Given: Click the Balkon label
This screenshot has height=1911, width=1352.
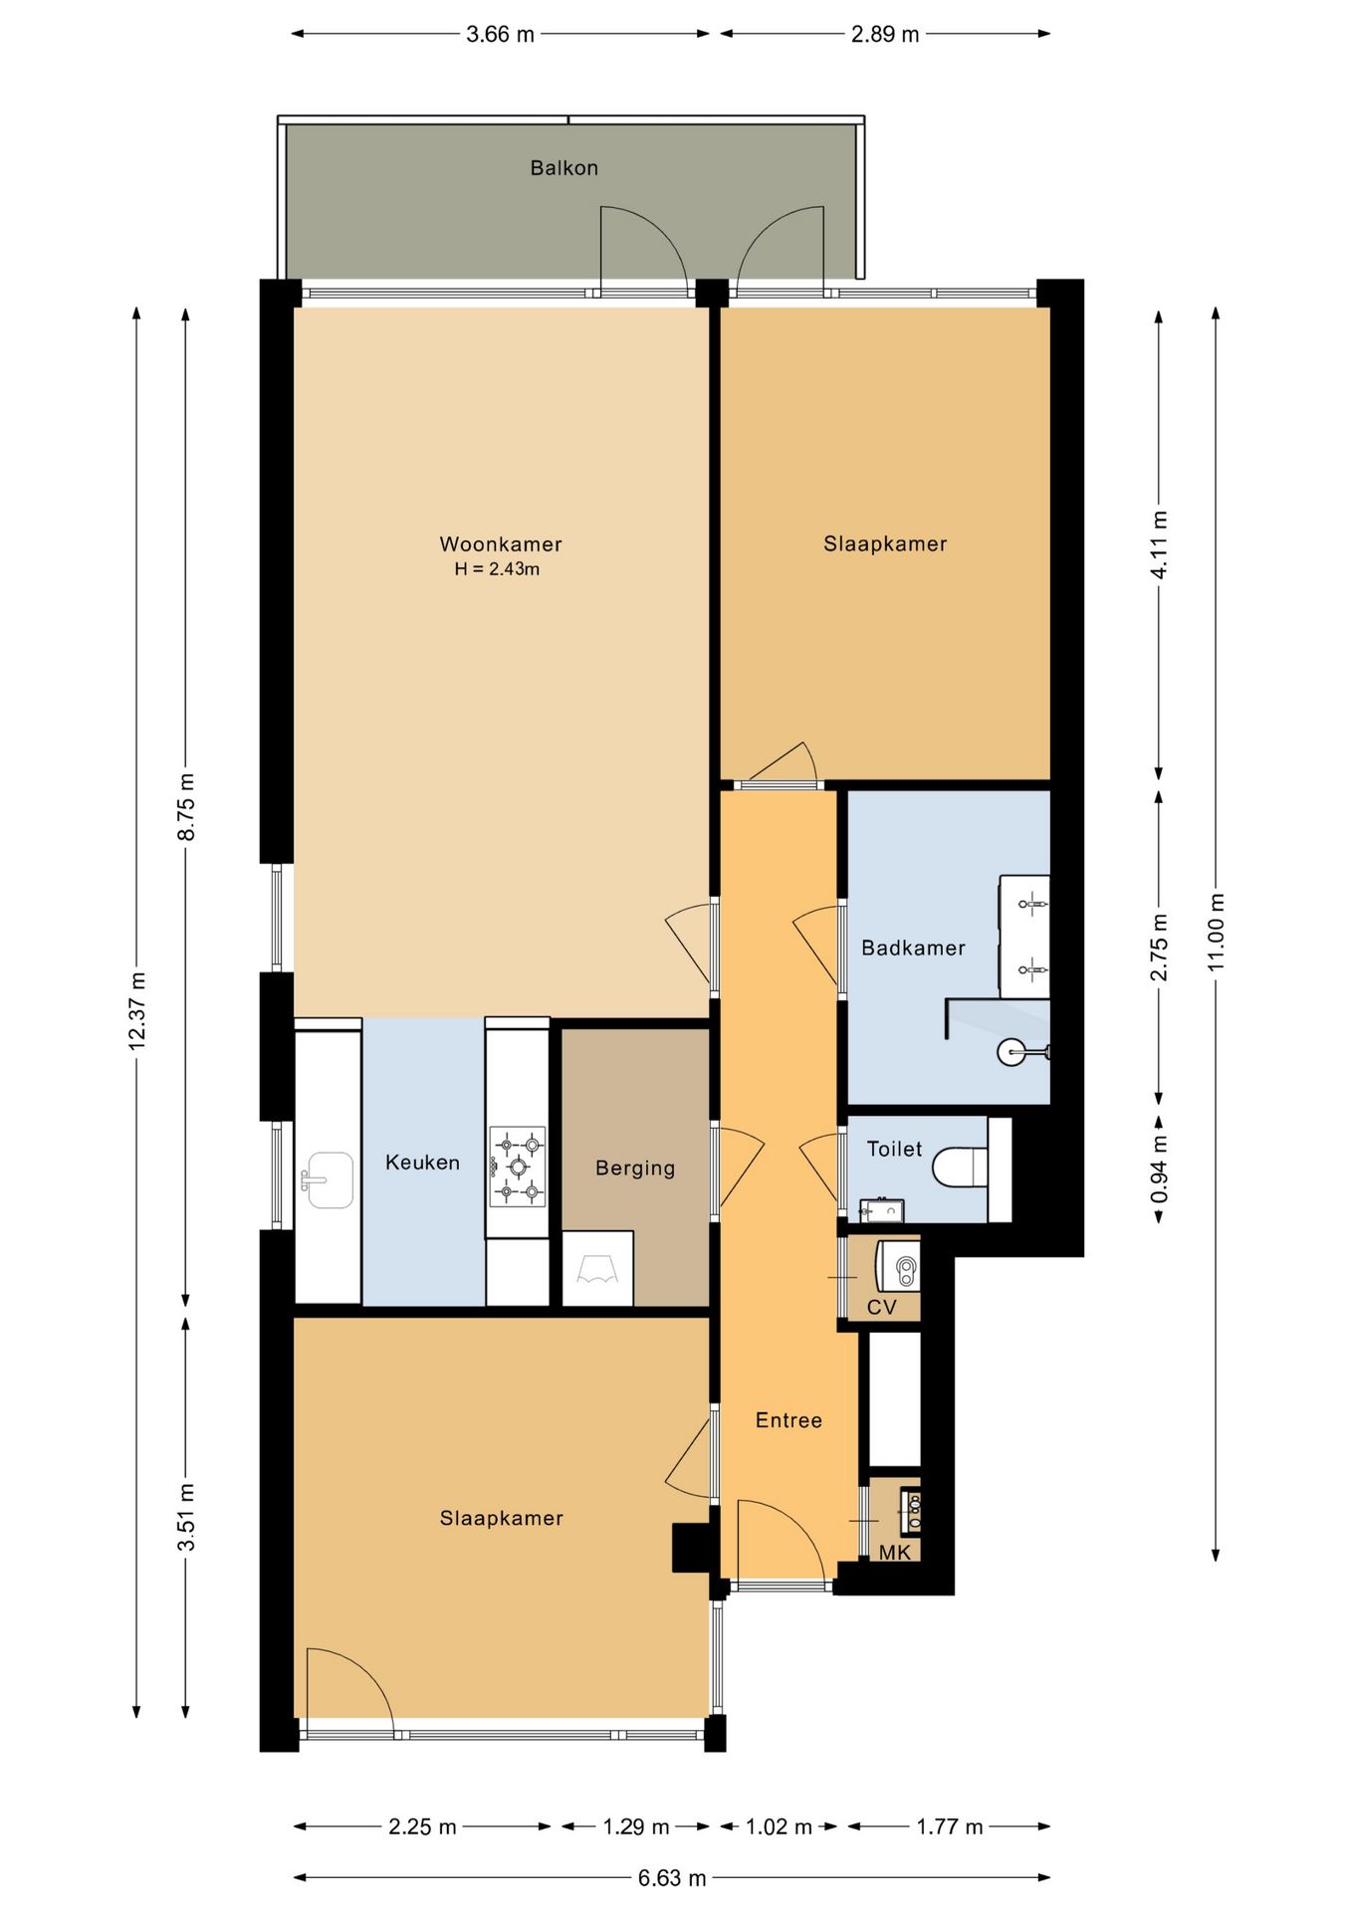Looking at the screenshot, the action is pos(563,168).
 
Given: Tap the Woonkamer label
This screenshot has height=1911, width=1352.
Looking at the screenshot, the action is pos(501,544).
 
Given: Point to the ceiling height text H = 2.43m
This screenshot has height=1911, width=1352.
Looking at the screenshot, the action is pos(497,569).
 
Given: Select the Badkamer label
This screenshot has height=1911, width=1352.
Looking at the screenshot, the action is pos(913,949).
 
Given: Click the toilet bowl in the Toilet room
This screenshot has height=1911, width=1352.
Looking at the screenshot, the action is pos(960,1167).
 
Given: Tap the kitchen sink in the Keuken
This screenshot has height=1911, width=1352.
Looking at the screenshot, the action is pos(328,1179).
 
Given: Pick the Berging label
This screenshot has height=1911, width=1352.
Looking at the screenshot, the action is pos(635,1168).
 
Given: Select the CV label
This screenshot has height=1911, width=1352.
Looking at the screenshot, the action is pos(882,1307).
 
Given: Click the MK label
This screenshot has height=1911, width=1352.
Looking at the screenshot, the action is pos(894,1552).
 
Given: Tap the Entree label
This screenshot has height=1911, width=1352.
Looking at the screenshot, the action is pos(789,1420).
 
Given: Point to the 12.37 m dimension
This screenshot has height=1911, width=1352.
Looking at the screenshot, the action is pos(137,1011).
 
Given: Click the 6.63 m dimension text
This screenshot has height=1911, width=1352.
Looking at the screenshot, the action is pos(672,1877).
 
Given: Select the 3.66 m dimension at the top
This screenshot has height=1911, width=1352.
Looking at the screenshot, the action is pos(500,34).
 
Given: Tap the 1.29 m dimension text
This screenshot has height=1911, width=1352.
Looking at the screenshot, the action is pos(635,1826).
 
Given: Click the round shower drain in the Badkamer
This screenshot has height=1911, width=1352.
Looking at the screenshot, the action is pos(1010,1051).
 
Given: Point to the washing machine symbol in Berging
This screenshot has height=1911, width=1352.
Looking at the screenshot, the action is pos(597,1268).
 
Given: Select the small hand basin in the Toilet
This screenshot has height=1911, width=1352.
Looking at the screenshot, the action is pos(881,1210).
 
